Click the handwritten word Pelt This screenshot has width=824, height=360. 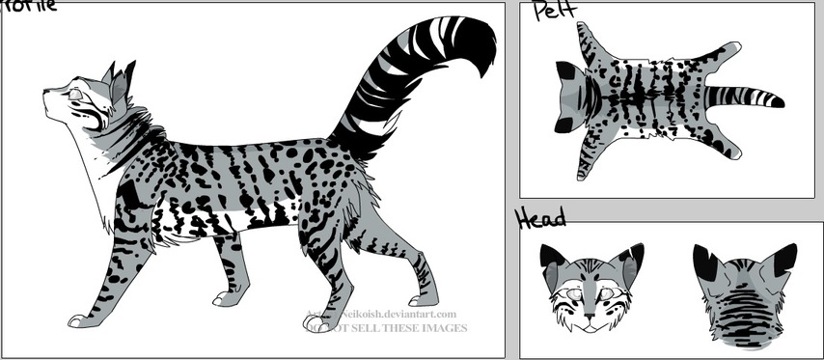(x=556, y=12)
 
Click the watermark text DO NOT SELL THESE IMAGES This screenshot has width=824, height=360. (x=386, y=328)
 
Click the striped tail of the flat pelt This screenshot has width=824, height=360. (x=743, y=97)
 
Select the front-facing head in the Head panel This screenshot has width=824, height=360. (x=589, y=287)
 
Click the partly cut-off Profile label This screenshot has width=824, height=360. (x=29, y=6)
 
